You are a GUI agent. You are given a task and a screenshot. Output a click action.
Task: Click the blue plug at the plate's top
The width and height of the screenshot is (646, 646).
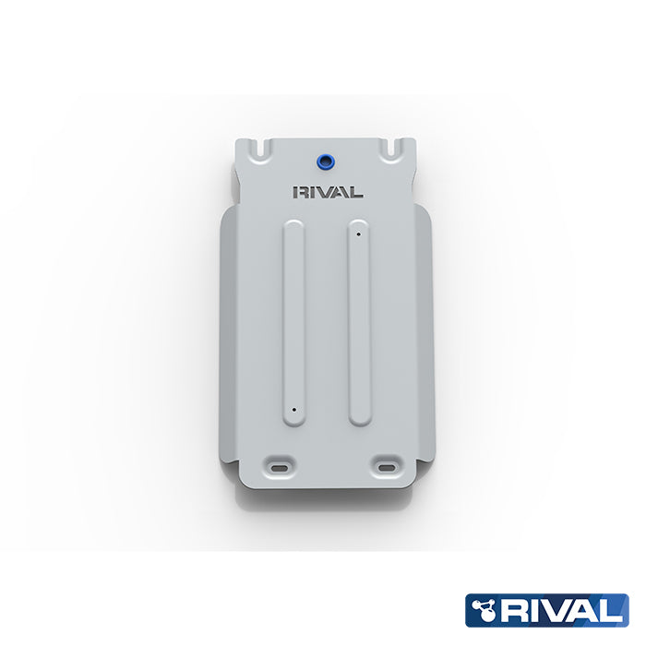[325, 161]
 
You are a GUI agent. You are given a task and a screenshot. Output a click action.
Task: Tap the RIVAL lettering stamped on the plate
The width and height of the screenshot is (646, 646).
[327, 193]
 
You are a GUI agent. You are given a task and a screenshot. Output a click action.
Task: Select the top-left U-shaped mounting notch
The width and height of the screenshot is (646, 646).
[265, 147]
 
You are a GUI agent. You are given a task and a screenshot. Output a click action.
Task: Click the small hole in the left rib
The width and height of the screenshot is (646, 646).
[293, 407]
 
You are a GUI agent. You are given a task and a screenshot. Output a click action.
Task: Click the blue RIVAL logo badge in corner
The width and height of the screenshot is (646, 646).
[546, 610]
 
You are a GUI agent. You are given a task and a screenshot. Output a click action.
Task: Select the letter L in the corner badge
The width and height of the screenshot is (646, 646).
[614, 610]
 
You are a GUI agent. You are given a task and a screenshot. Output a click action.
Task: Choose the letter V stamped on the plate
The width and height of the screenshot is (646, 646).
[327, 193]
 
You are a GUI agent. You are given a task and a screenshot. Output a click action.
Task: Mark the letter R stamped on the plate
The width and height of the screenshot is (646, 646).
[299, 193]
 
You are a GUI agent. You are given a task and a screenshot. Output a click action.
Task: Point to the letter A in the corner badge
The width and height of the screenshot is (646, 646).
[586, 610]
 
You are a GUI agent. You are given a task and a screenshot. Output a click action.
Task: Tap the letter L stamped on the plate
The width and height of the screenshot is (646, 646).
[357, 193]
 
